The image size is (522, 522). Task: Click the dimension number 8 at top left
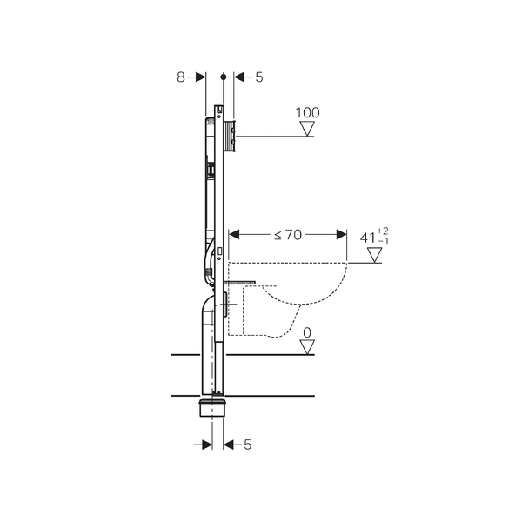[x=180, y=77]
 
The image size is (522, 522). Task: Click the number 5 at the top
[x=259, y=77]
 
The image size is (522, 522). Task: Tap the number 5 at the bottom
[x=248, y=445]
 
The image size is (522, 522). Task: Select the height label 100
[x=307, y=113]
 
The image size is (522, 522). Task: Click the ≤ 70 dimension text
[x=288, y=235]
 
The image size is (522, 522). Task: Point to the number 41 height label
[x=367, y=238]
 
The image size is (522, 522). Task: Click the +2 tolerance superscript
[x=383, y=231]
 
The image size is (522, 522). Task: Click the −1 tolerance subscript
[x=384, y=241]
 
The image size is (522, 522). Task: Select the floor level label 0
[x=307, y=332]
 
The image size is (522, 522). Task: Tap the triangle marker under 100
[x=307, y=129]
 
